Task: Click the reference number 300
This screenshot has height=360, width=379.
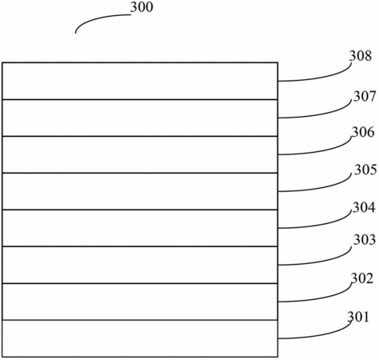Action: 142,7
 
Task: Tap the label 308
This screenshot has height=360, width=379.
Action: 361,56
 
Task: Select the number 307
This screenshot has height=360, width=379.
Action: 365,96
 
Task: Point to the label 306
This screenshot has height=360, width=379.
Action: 363,132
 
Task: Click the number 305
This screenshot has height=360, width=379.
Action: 365,170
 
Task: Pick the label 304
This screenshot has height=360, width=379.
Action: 364,207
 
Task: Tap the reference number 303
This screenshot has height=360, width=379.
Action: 365,240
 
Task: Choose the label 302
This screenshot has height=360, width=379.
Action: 362,278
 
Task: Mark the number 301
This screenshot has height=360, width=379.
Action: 358,317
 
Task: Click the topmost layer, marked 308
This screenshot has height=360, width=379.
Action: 140,81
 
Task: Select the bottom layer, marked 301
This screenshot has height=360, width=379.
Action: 140,338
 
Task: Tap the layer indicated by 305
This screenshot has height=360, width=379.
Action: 140,191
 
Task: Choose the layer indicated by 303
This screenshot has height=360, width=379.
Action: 140,265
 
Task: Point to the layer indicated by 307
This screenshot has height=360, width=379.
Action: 140,118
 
